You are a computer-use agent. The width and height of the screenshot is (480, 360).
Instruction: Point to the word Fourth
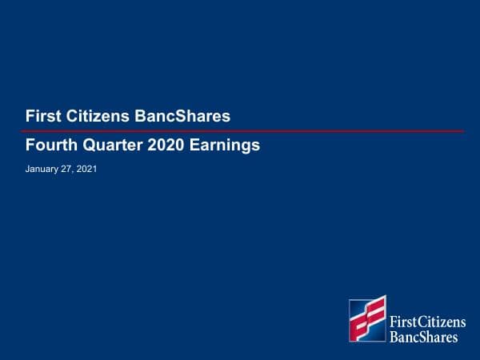[48, 146]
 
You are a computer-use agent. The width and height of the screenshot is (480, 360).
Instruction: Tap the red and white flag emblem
[367, 319]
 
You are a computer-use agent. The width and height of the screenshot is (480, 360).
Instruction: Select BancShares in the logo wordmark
[423, 337]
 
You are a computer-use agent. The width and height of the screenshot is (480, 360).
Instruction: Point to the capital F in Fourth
[30, 146]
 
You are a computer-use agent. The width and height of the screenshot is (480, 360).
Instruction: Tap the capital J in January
[28, 170]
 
